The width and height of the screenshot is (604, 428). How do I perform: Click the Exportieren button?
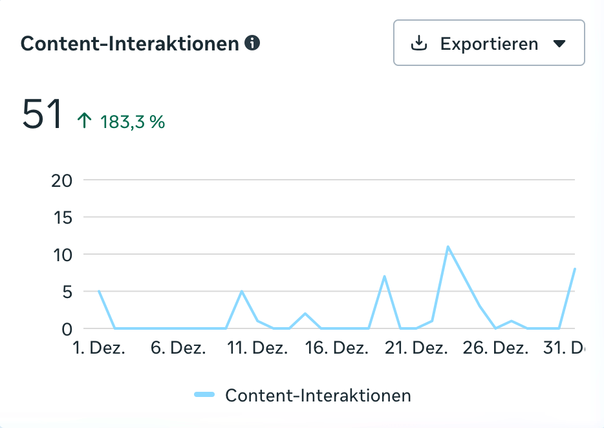click(x=489, y=43)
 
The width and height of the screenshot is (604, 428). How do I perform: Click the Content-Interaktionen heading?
click(x=130, y=44)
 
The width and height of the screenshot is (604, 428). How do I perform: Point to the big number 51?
click(x=43, y=114)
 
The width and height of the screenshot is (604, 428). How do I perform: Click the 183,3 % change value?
click(x=133, y=122)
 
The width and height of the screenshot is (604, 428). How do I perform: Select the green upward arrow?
click(x=85, y=121)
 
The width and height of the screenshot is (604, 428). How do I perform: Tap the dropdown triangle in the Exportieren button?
click(x=559, y=44)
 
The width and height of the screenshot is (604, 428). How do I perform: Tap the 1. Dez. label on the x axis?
click(x=100, y=348)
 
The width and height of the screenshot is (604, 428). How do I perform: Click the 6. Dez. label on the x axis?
click(x=178, y=348)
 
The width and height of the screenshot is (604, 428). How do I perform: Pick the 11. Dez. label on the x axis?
click(x=258, y=348)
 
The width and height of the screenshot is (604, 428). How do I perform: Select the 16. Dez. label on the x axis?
click(x=337, y=348)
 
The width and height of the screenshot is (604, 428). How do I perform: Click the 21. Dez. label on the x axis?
click(x=416, y=348)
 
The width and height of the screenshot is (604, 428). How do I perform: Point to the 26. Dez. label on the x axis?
click(x=495, y=348)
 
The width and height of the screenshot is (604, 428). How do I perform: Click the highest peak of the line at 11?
click(x=448, y=247)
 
